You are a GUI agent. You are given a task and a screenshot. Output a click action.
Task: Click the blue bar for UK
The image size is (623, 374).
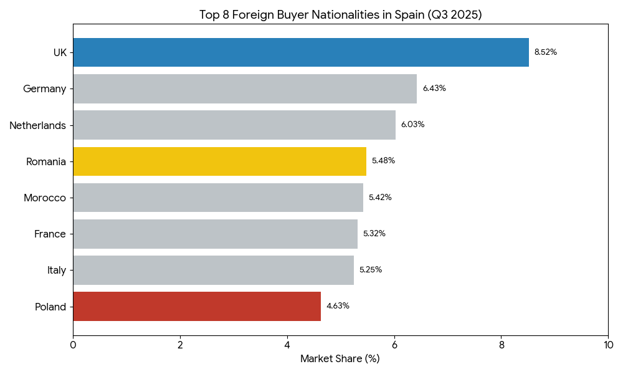pyautogui.click(x=300, y=52)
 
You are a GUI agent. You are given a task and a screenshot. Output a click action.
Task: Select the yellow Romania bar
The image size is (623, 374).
pyautogui.click(x=219, y=161)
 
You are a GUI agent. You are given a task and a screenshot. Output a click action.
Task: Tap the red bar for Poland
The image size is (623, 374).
pyautogui.click(x=197, y=306)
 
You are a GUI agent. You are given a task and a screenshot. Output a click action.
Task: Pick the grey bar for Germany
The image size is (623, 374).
pyautogui.click(x=245, y=89)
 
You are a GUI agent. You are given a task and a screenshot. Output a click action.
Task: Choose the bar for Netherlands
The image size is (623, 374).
pyautogui.click(x=234, y=125)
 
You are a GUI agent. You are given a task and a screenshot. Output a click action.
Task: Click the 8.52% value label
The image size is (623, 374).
pyautogui.click(x=546, y=52)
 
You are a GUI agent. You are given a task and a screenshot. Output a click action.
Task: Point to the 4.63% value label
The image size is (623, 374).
pyautogui.click(x=338, y=306)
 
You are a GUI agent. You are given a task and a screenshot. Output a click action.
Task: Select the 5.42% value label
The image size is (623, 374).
pyautogui.click(x=380, y=198)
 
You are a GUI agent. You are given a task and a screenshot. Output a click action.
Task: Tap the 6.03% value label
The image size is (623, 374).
pyautogui.click(x=412, y=125)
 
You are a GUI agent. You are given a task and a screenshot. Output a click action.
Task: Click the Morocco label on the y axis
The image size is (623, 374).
pyautogui.click(x=45, y=198)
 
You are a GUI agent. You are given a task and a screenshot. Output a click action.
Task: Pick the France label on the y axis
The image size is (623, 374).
pyautogui.click(x=50, y=234)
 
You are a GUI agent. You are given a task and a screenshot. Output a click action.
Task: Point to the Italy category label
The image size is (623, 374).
pyautogui.click(x=57, y=270)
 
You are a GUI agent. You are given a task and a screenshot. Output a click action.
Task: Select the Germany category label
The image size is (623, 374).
pyautogui.click(x=44, y=89)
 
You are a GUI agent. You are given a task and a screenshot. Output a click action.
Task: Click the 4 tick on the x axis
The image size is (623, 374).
pyautogui.click(x=287, y=344)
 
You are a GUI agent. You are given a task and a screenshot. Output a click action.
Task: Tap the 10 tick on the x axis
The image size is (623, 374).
pyautogui.click(x=608, y=344)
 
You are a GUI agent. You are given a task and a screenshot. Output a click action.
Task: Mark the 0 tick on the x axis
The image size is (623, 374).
pyautogui.click(x=73, y=344)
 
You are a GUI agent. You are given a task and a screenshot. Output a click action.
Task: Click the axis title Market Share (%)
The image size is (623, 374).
pyautogui.click(x=340, y=358)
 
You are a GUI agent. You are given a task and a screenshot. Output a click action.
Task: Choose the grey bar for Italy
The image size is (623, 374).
pyautogui.click(x=213, y=270)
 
